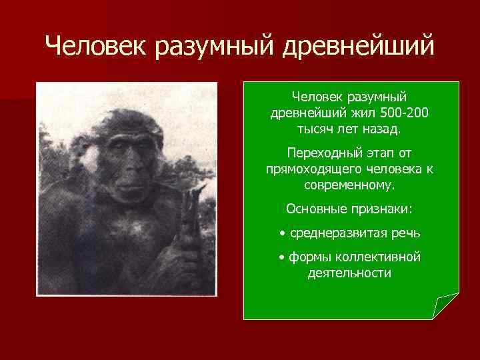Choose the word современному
(x=350, y=183)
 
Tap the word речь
(x=406, y=233)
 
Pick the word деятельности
(x=349, y=273)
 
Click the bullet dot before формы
(x=282, y=258)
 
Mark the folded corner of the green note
(x=445, y=306)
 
